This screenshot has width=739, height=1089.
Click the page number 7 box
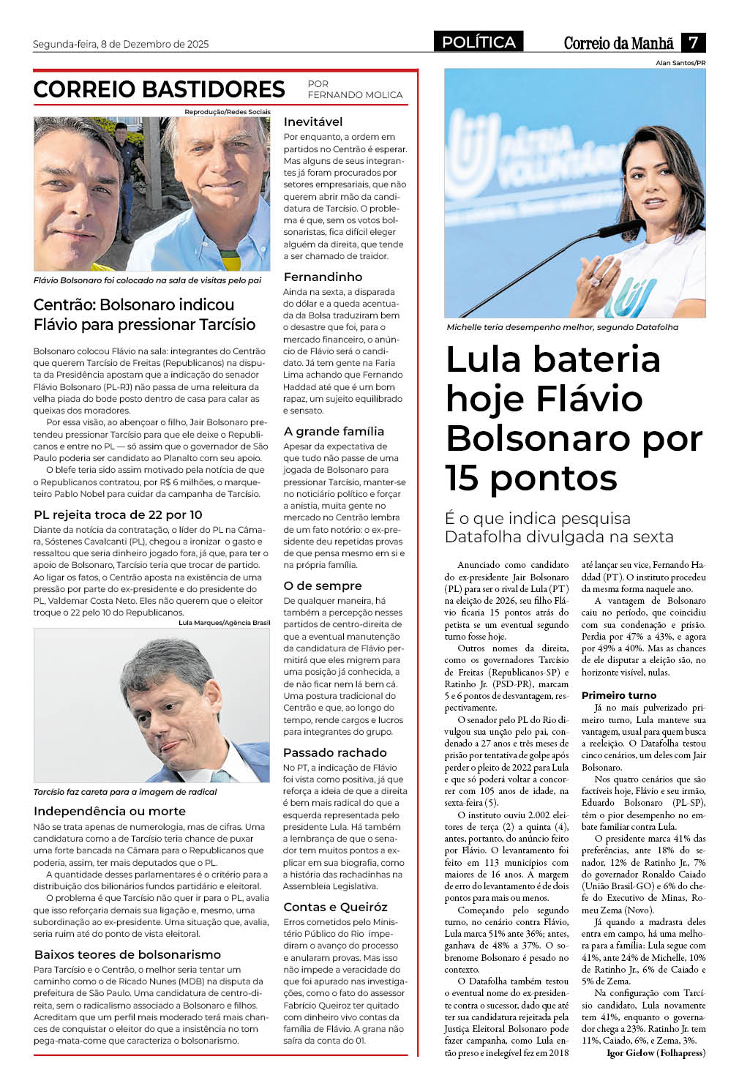point(693,42)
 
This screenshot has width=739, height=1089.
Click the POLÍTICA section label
point(479,42)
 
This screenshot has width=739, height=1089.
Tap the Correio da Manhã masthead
point(618,43)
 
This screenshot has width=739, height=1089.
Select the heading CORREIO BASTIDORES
point(159,89)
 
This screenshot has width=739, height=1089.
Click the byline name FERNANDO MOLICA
point(355,95)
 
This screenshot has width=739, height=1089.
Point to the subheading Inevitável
point(312,121)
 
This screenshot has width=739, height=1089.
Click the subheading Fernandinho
point(323,277)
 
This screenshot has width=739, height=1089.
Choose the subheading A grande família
point(334,431)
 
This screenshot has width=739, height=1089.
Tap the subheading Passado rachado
point(334,752)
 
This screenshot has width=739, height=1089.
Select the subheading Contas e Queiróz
point(335,907)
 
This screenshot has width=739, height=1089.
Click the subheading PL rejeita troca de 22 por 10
point(118,514)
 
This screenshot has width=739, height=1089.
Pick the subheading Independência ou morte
point(109,811)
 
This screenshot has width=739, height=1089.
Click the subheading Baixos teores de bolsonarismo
point(127,954)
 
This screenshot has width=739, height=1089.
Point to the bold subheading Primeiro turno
point(619,695)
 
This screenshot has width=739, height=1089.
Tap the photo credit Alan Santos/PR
point(680,63)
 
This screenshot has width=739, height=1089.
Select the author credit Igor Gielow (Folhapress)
point(656,1053)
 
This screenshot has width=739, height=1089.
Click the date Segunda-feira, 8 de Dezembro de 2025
point(121,44)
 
